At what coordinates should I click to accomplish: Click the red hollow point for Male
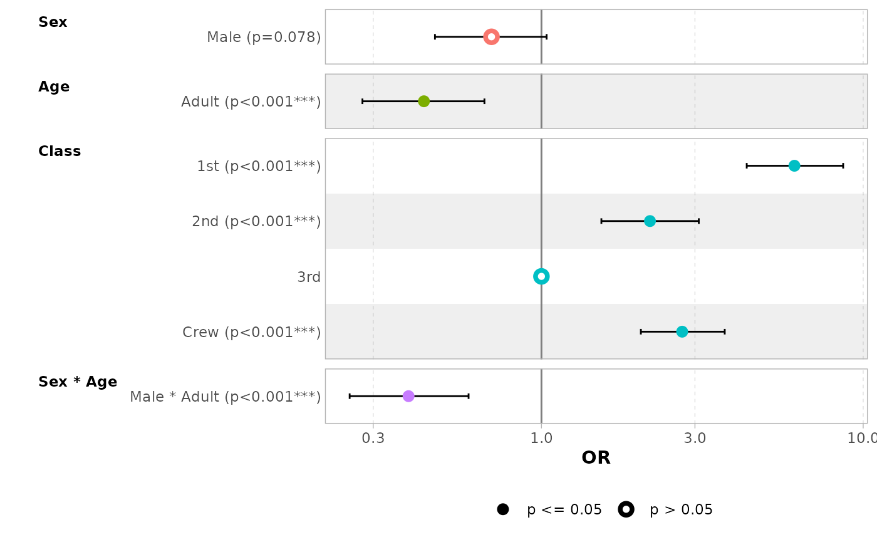[x=491, y=37]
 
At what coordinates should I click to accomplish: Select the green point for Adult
[x=423, y=102]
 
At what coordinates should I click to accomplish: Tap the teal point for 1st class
[x=794, y=166]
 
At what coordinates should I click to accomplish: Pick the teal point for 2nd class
[x=650, y=221]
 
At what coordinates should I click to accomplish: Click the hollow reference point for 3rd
[x=541, y=276]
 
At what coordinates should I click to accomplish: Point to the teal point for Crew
[x=682, y=331]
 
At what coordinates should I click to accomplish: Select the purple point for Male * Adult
[x=408, y=396]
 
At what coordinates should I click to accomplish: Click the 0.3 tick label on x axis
[x=373, y=438]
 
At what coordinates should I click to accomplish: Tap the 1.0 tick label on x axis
[x=541, y=438]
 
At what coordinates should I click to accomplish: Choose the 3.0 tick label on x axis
[x=695, y=438]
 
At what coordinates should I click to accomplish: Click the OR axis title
[x=596, y=458]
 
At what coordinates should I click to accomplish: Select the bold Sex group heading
[x=53, y=23]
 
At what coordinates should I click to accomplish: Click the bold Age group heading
[x=54, y=87]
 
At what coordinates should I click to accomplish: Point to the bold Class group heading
[x=60, y=152]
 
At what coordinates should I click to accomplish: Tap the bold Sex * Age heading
[x=78, y=382]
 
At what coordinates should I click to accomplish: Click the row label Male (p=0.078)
[x=264, y=38]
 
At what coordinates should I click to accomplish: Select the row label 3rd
[x=309, y=277]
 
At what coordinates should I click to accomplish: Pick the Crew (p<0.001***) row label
[x=251, y=332]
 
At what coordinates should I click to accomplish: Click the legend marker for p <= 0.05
[x=502, y=509]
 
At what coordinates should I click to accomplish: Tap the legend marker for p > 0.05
[x=626, y=509]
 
